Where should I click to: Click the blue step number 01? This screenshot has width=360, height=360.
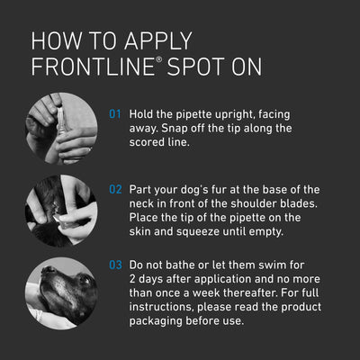click(x=115, y=115)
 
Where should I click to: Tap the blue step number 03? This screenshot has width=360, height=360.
click(x=115, y=265)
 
